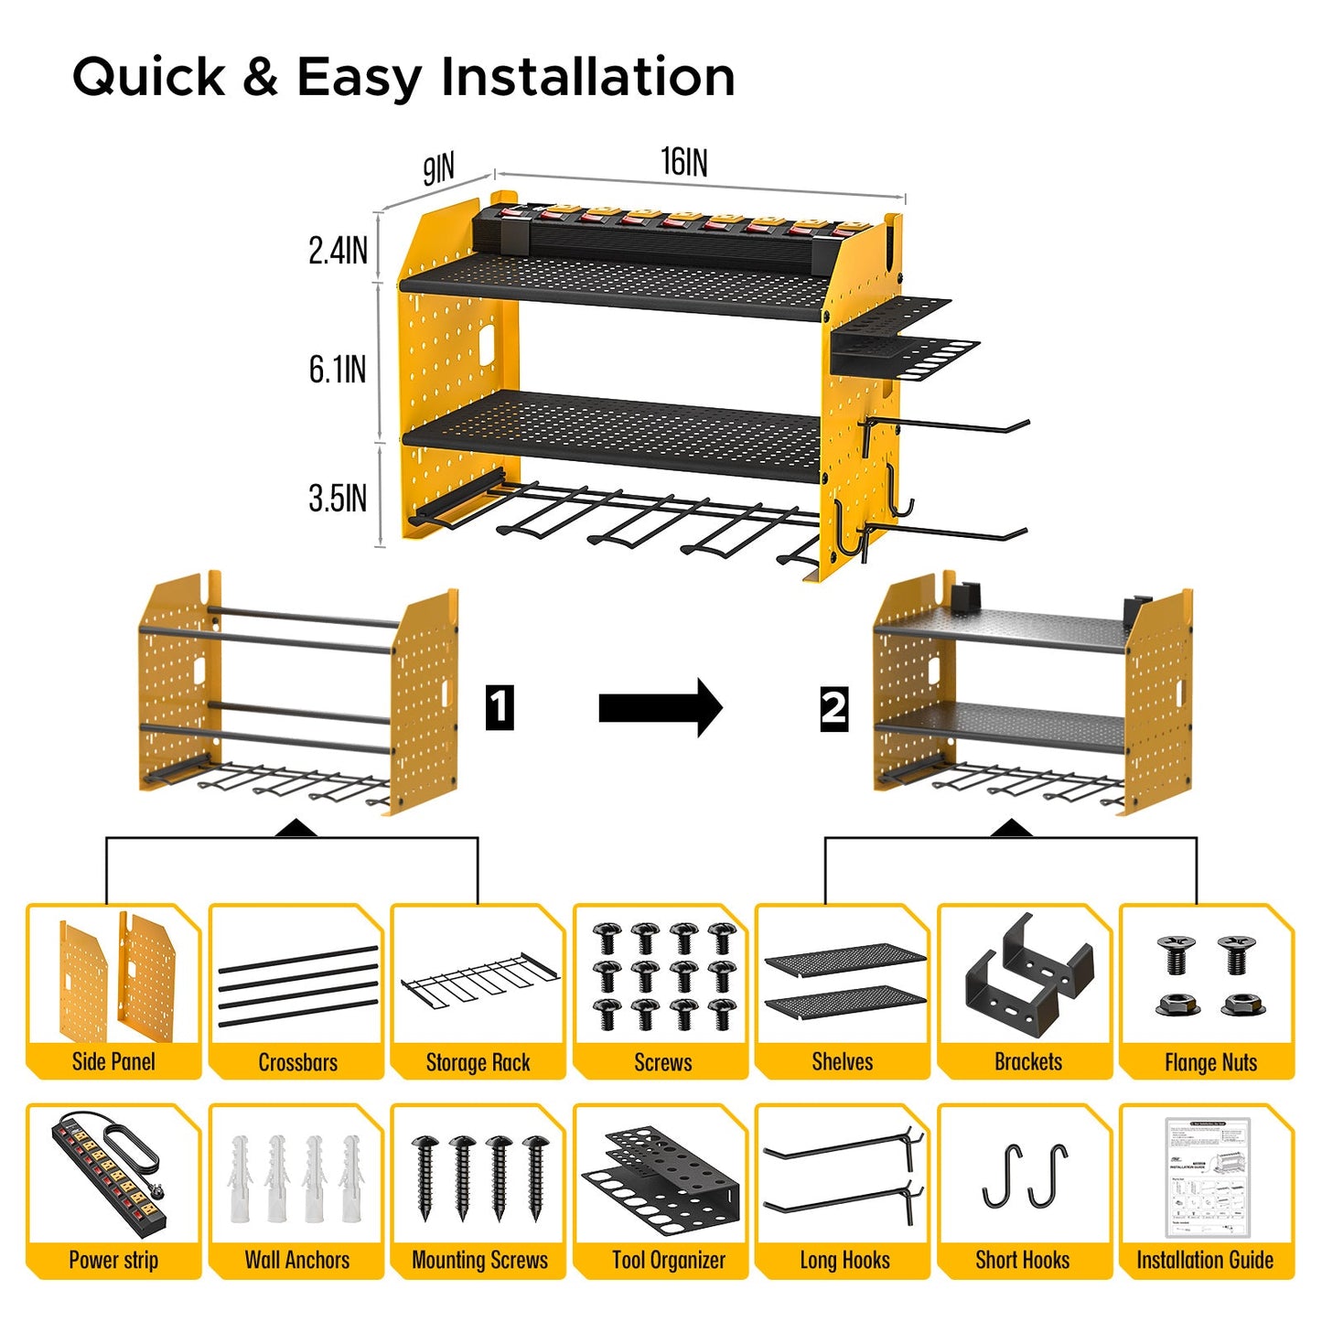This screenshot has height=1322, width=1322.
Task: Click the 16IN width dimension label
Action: tap(684, 162)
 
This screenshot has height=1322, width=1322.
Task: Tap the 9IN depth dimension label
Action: tap(438, 169)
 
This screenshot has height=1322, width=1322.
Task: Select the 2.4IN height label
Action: tap(338, 251)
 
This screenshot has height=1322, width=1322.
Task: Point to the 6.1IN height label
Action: tap(338, 370)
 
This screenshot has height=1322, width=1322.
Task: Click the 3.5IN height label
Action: tap(338, 499)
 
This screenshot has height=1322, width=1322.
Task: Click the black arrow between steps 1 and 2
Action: tap(661, 707)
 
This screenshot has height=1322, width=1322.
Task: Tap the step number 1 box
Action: tap(499, 707)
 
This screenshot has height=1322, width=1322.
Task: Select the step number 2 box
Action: tap(833, 708)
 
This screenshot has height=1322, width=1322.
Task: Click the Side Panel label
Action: tap(113, 1061)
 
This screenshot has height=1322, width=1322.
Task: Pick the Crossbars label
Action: tap(297, 1062)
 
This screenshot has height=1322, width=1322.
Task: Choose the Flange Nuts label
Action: tap(1209, 1062)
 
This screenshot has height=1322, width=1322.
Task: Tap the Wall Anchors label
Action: tap(296, 1260)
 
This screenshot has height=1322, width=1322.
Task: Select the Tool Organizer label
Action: tap(668, 1260)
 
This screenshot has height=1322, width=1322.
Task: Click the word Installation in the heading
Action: tap(587, 76)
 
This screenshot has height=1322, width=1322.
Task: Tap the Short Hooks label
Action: tap(1022, 1260)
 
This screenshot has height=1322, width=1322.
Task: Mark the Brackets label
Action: tap(1027, 1061)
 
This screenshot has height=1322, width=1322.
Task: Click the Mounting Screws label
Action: tap(479, 1260)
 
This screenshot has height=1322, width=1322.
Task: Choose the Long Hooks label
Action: tap(844, 1260)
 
